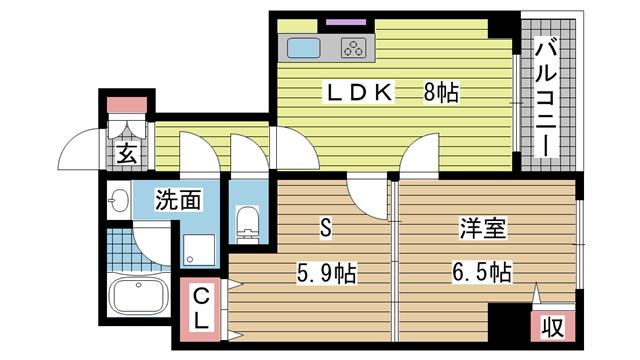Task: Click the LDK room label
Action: [359, 92]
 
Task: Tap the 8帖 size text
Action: [441, 92]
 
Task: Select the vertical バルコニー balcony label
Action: [546, 97]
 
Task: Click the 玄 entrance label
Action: [127, 154]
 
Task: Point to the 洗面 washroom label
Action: [178, 200]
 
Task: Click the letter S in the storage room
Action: [325, 227]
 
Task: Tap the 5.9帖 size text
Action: [326, 273]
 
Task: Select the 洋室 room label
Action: [483, 229]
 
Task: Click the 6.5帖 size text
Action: [482, 272]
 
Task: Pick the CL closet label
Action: [201, 309]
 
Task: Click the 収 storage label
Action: [553, 327]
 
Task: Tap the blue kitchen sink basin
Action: [303, 48]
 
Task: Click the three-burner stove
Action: [353, 48]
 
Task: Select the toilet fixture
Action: [248, 224]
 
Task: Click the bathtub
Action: [139, 295]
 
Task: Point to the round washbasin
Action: [118, 201]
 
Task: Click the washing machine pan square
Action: [198, 250]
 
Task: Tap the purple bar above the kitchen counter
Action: [346, 22]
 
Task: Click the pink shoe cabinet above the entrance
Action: [127, 105]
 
